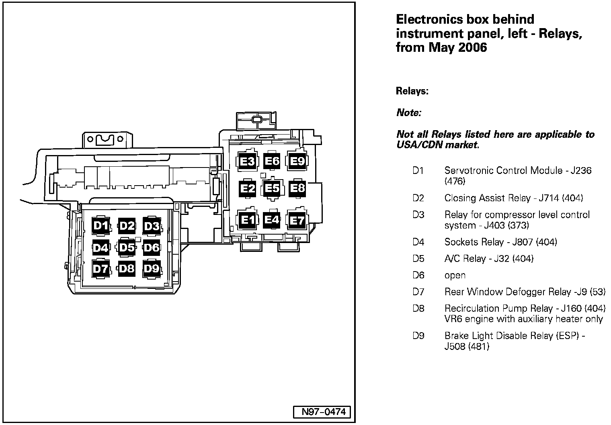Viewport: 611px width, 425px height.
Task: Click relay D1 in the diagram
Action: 100,226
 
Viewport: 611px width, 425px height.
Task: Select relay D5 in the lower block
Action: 126,247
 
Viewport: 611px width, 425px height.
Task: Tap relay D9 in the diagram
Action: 152,268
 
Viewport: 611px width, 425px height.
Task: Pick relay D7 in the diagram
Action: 100,268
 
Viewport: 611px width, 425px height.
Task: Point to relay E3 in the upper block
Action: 247,161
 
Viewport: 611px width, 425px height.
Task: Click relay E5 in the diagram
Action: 272,188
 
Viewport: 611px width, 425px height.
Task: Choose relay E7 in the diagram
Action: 297,221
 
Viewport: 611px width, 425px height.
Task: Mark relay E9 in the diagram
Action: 297,161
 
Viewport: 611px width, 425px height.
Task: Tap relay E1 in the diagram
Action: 247,220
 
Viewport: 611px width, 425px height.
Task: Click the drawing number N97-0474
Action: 320,412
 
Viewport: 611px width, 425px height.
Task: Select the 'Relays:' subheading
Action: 412,91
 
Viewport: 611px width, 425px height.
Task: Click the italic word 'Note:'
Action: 408,113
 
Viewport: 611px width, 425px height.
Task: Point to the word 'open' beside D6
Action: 455,276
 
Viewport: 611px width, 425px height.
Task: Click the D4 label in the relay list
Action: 418,242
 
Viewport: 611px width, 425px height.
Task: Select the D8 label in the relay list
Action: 418,309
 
